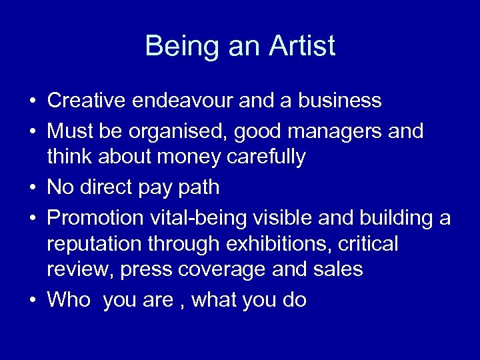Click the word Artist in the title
303,47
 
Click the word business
340,101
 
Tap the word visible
291,218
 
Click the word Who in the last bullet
69,300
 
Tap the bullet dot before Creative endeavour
32,101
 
